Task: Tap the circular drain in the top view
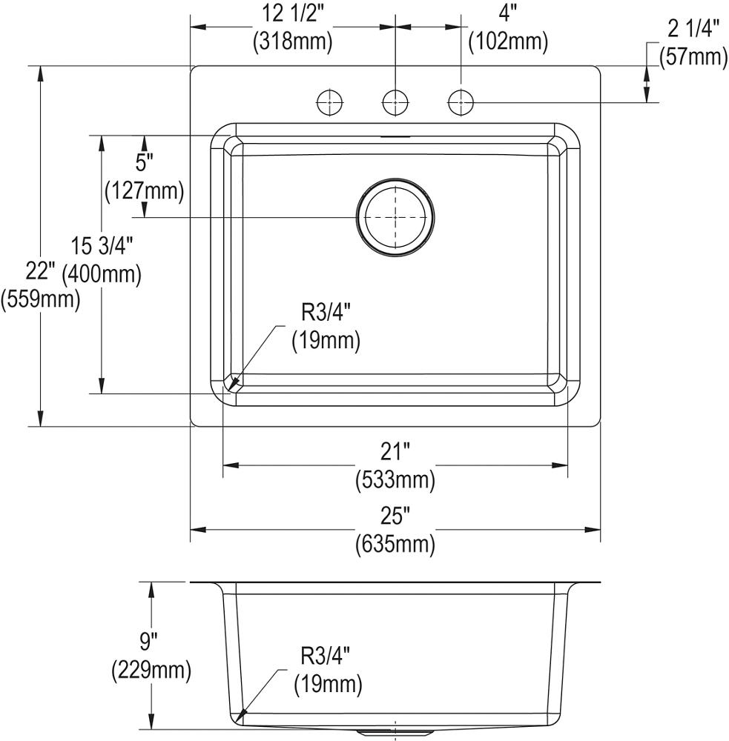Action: [x=395, y=217]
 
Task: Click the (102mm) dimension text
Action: [x=508, y=42]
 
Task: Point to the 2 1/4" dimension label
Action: [x=693, y=30]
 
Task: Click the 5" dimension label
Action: [x=144, y=162]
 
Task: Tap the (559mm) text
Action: [x=41, y=300]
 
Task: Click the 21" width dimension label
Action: [x=395, y=451]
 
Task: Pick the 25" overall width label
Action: [x=395, y=515]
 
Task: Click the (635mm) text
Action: [x=395, y=545]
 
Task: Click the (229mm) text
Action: [x=152, y=671]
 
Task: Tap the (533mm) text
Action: [x=395, y=480]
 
